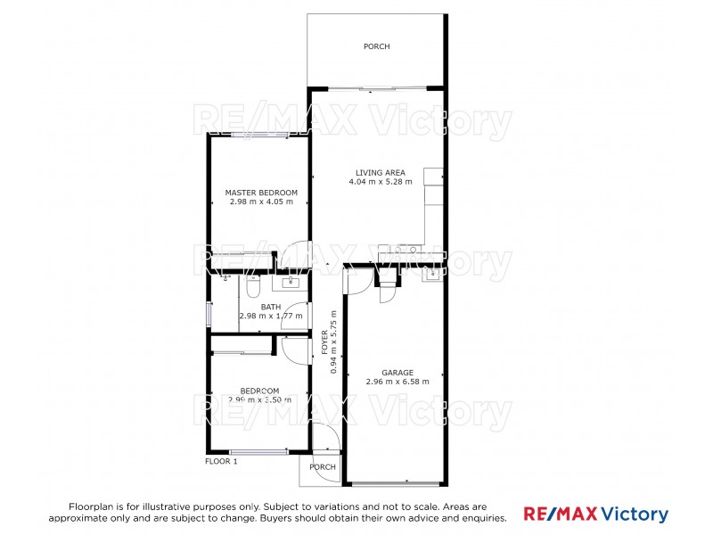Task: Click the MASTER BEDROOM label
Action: click(x=261, y=193)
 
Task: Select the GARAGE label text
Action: click(x=397, y=373)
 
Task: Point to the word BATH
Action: click(x=271, y=307)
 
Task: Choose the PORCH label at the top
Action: click(x=376, y=47)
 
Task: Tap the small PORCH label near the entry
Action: click(x=323, y=467)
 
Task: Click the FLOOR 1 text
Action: click(x=222, y=461)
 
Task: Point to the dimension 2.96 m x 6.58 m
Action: click(x=397, y=383)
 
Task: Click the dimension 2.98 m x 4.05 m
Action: click(x=261, y=202)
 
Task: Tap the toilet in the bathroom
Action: click(x=253, y=288)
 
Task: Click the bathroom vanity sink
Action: click(x=291, y=284)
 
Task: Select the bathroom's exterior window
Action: click(x=209, y=315)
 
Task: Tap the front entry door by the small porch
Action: click(x=326, y=438)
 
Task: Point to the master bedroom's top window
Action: click(x=259, y=135)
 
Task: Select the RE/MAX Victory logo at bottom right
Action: click(x=595, y=514)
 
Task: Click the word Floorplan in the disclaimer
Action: click(x=93, y=506)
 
